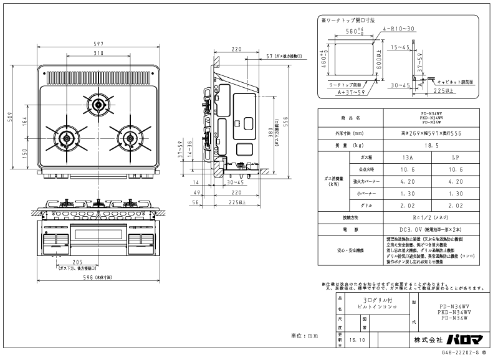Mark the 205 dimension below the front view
77,262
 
